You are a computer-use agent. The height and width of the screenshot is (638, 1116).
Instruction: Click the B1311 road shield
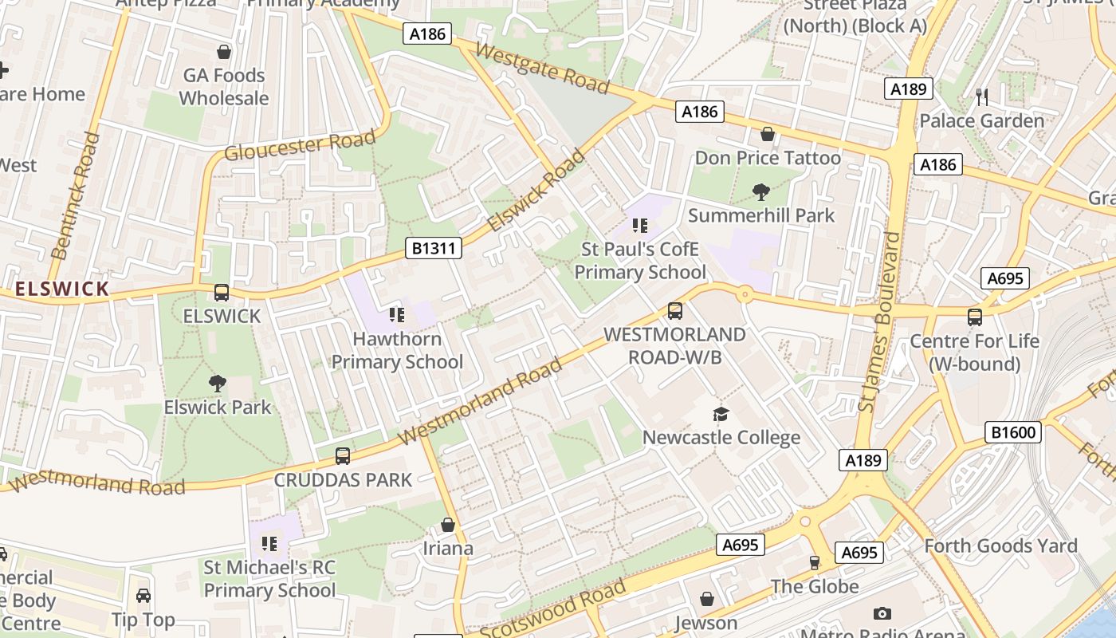pos(434,248)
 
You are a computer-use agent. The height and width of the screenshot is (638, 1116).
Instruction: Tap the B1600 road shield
pos(1013,433)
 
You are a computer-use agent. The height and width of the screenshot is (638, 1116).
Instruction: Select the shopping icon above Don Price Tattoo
pos(768,134)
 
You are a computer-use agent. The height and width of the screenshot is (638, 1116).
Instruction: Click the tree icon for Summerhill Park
pos(761,191)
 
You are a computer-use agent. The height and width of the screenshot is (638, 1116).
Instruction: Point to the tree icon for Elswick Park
pos(218,384)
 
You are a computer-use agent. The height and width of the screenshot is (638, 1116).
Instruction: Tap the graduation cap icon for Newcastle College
pos(721,414)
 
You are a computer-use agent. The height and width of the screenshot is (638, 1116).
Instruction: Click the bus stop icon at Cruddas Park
pos(343,456)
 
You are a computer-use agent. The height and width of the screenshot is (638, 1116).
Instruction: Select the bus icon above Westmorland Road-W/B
pos(675,311)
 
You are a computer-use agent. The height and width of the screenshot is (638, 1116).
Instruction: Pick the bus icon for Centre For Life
pos(974,317)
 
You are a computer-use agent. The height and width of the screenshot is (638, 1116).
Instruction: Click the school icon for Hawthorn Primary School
pos(396,315)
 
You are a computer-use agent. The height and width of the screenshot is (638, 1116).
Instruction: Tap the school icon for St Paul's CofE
pos(639,226)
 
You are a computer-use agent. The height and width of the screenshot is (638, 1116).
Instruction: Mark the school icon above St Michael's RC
pos(269,544)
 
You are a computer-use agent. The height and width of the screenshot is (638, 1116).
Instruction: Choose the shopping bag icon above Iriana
pos(448,525)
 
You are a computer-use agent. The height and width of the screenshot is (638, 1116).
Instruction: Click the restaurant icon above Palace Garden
pos(982,97)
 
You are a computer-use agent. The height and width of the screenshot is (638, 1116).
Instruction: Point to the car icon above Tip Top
pos(143,596)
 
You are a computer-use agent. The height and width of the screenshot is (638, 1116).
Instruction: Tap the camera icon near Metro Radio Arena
pos(882,613)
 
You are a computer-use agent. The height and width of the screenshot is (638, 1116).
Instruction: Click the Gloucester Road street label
pos(300,145)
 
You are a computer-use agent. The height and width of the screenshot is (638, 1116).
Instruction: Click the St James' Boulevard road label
pos(879,322)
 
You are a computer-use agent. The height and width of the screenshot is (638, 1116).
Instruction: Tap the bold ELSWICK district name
pos(62,289)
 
